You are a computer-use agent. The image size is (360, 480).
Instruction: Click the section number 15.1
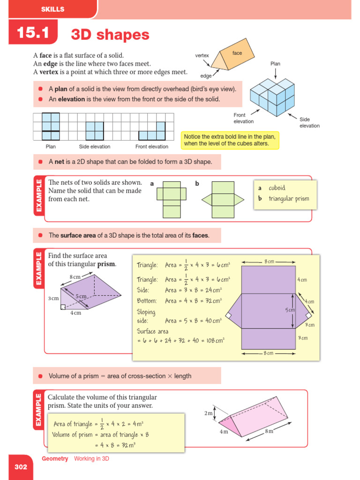tap(33, 33)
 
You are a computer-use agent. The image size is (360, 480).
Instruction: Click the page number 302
tap(21, 467)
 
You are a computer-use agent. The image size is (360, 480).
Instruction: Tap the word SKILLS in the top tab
tap(52, 9)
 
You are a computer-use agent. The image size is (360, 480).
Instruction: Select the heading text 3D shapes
tap(110, 35)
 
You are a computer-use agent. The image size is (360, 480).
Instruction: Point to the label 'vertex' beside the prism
tap(202, 55)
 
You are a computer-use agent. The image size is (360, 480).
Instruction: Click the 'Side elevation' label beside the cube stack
tap(309, 122)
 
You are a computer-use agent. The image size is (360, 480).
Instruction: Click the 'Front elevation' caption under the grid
tap(151, 147)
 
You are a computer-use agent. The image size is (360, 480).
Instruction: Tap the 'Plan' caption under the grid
tap(51, 147)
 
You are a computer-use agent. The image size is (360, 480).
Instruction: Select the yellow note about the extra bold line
tap(230, 140)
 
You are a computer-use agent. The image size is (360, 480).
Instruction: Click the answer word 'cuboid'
tap(277, 188)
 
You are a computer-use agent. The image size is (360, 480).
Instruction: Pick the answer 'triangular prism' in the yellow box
tap(289, 198)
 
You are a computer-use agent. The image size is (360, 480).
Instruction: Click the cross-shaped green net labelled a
tap(172, 199)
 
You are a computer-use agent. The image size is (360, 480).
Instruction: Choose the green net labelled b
tap(223, 199)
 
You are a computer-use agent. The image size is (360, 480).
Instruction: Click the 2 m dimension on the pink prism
tap(209, 413)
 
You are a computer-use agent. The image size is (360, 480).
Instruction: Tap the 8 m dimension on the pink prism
tap(269, 430)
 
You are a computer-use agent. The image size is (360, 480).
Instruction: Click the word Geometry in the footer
tap(55, 459)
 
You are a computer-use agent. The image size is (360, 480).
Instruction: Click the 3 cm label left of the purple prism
tap(53, 298)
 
